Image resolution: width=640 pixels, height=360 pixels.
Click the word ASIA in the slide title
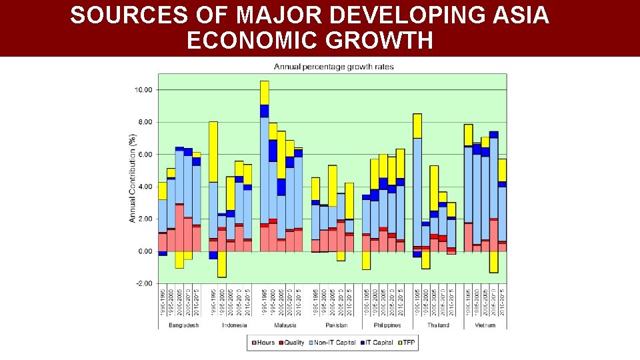click(x=515, y=15)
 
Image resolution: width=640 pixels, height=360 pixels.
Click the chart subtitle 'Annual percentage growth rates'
click(x=334, y=67)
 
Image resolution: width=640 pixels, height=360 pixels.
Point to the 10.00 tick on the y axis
click(x=143, y=90)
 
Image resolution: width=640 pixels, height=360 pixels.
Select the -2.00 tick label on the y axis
click(x=143, y=283)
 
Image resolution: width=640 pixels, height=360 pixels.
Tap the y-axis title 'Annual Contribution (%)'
click(x=132, y=178)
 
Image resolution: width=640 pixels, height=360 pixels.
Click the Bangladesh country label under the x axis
click(x=183, y=325)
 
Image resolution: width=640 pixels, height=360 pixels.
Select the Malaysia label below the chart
click(x=285, y=325)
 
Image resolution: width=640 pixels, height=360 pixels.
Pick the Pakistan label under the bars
click(x=336, y=325)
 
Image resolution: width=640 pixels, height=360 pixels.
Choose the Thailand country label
click(x=438, y=325)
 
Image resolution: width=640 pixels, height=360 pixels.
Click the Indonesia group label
click(x=234, y=325)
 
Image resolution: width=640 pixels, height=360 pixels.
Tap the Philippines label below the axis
click(x=387, y=325)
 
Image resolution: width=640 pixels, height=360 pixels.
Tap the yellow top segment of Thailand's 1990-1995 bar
click(x=417, y=125)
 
